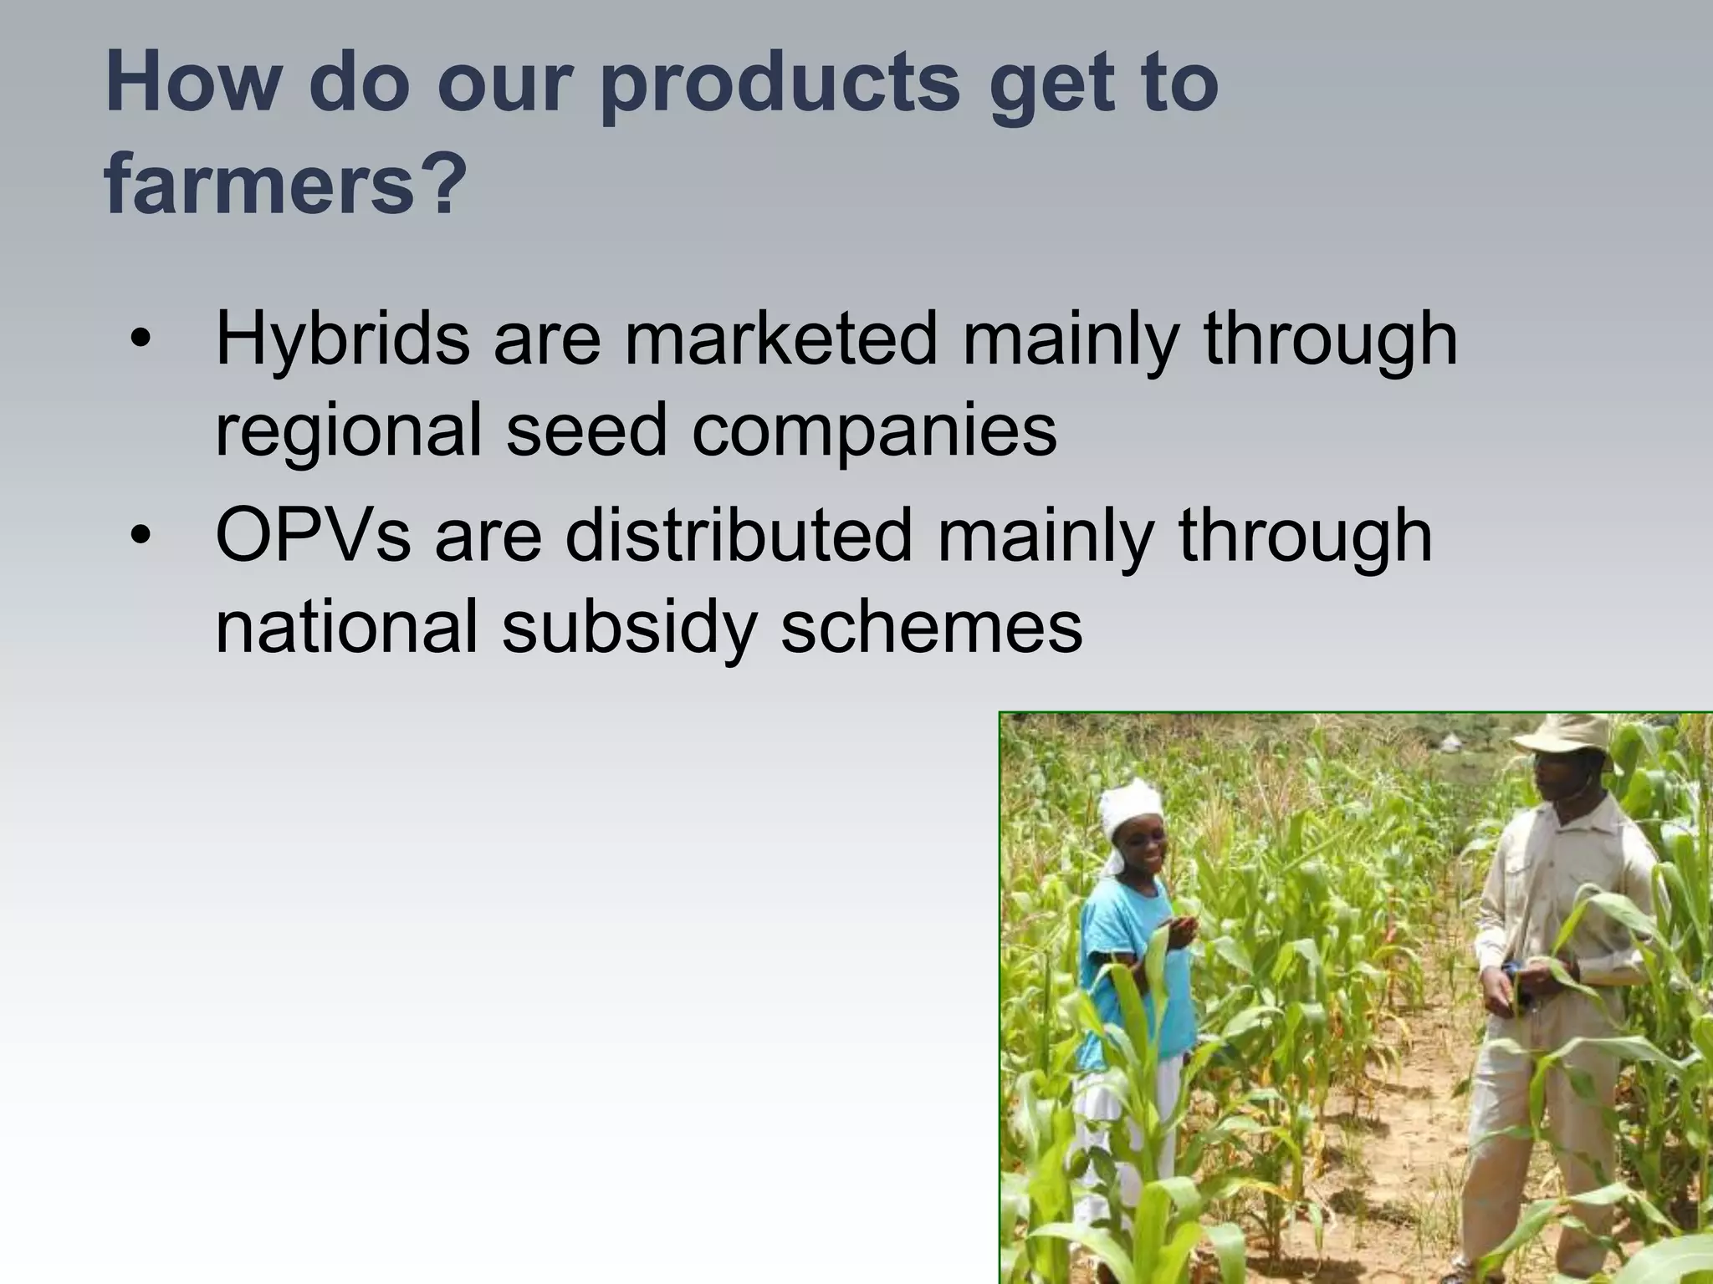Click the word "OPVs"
(313, 536)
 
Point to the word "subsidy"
(629, 628)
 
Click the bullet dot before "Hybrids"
(141, 339)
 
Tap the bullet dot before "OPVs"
(141, 536)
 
